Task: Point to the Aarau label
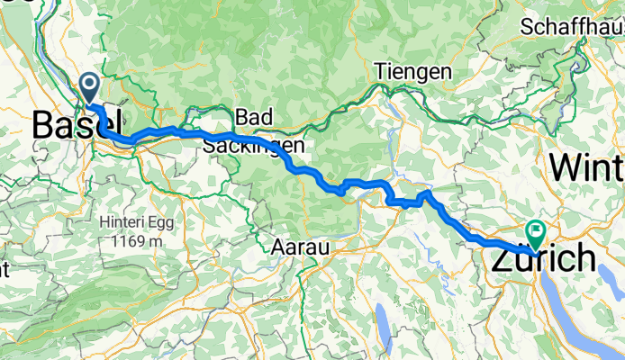tap(298, 246)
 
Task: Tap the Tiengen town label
tap(412, 71)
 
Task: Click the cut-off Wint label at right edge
tap(586, 166)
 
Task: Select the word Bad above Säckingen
tap(252, 117)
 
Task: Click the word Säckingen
tap(253, 144)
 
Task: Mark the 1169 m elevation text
tap(137, 241)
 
